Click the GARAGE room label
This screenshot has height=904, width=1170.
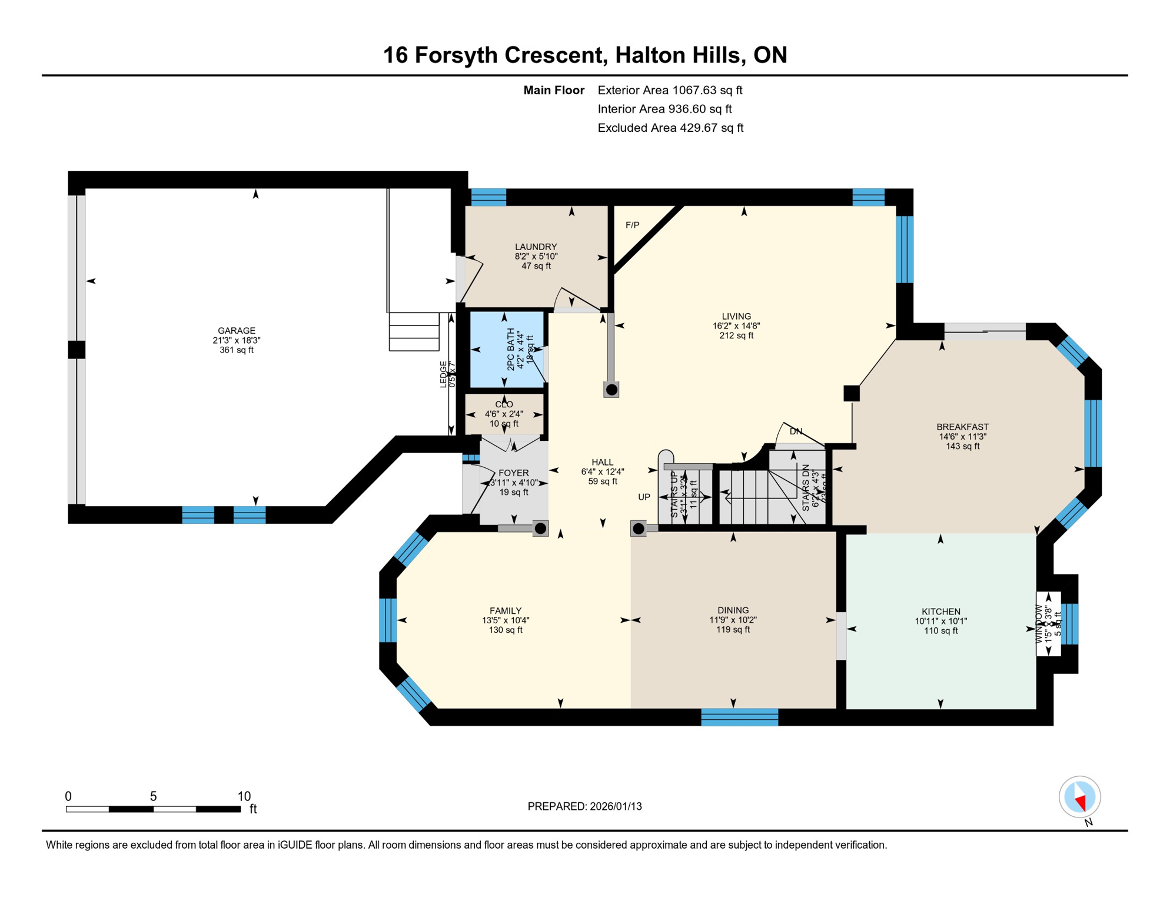(x=236, y=331)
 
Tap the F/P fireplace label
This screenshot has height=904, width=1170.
(x=632, y=225)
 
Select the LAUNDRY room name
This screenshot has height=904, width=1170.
(x=536, y=247)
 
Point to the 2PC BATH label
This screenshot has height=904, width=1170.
(x=510, y=349)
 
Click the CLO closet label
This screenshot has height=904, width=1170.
(x=504, y=404)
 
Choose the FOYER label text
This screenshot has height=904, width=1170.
(x=513, y=473)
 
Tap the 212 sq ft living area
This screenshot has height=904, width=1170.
(x=736, y=335)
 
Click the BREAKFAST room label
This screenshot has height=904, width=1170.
(x=962, y=427)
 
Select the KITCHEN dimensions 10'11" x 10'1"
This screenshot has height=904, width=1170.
(x=940, y=621)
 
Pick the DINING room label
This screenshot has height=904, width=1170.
(x=733, y=610)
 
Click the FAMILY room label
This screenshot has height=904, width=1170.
(x=506, y=611)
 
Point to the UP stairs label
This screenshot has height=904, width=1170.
(x=644, y=497)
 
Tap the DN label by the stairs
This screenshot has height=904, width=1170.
(x=795, y=431)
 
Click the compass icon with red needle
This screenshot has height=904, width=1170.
(x=1079, y=797)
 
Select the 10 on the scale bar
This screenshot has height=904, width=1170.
(x=244, y=796)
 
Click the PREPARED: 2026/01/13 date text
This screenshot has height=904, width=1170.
(x=584, y=806)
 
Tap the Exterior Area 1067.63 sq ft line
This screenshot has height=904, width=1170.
(x=670, y=90)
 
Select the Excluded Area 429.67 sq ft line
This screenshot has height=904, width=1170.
(x=670, y=128)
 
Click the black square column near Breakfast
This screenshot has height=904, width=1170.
(x=851, y=393)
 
